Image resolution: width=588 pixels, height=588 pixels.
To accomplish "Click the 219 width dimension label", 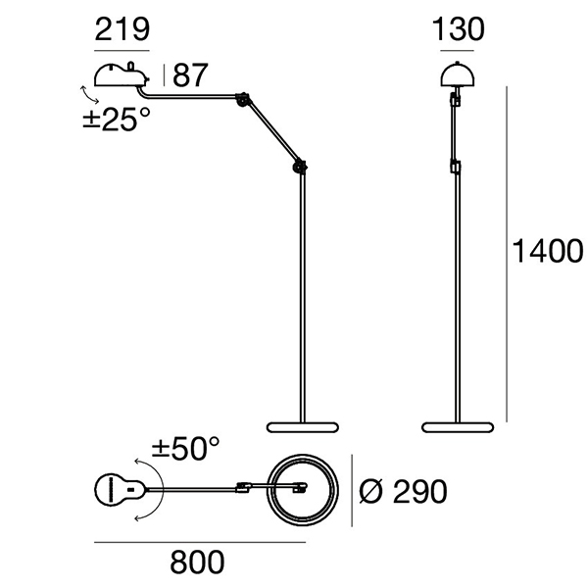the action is (x=122, y=29).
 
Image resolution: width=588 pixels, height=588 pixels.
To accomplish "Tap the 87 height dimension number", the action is (x=190, y=75).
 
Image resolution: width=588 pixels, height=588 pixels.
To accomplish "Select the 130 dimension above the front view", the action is (x=459, y=29).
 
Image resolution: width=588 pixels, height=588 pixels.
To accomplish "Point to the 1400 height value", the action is (x=548, y=251).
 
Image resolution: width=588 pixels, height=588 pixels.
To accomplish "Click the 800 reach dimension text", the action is (x=197, y=562).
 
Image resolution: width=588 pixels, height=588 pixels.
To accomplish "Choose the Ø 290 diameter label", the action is (x=403, y=491).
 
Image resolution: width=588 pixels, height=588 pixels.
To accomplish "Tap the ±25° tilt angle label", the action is (x=117, y=120).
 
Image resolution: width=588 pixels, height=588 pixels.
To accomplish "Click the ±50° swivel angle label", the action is (x=185, y=448).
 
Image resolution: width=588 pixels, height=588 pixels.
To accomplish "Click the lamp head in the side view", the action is (x=122, y=73).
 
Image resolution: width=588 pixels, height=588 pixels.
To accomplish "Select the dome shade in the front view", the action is (x=457, y=73).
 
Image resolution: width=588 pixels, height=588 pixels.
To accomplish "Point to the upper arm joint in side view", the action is (x=243, y=99).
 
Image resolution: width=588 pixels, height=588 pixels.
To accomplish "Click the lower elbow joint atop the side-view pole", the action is (x=300, y=167).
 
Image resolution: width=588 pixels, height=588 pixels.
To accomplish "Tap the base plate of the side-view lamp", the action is (x=303, y=427).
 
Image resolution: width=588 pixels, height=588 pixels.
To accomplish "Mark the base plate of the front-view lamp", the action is (x=458, y=427).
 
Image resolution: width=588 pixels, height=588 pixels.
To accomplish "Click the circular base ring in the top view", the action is (x=303, y=490).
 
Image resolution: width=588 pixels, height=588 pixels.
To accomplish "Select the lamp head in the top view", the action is (x=121, y=490).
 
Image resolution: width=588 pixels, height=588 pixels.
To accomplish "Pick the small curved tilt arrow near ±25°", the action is (x=89, y=94).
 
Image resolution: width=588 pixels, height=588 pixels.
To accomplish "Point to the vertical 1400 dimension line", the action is (x=507, y=254).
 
